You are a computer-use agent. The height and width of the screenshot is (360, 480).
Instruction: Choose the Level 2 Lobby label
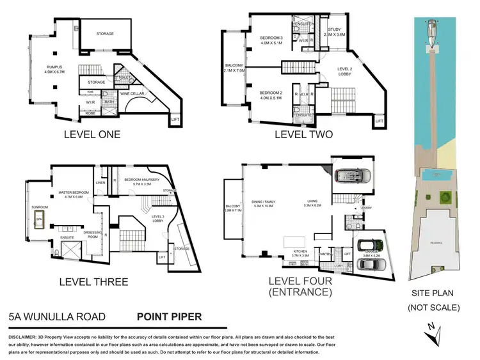tap(344, 70)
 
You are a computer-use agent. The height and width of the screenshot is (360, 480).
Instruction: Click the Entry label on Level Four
tap(366, 208)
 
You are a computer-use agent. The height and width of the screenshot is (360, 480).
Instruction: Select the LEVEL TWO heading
tap(303, 134)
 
